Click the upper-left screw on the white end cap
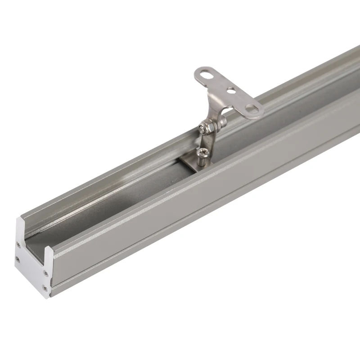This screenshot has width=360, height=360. pyautogui.click(x=18, y=245)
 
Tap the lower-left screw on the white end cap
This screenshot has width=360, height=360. pyautogui.click(x=18, y=259)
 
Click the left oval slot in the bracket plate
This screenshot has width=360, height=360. pyautogui.click(x=205, y=75)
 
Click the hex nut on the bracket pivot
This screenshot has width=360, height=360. pyautogui.click(x=207, y=128)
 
